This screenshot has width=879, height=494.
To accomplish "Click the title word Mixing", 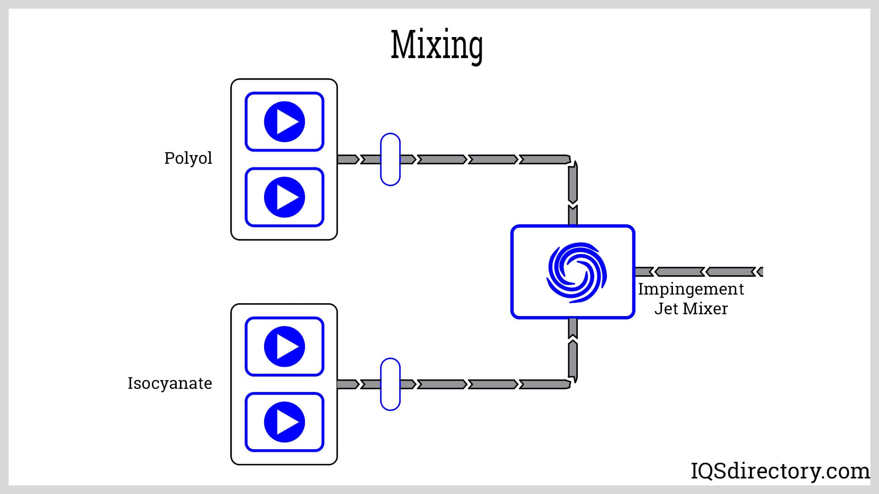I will (x=437, y=45).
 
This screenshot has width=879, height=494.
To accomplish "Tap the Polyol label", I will (x=188, y=158).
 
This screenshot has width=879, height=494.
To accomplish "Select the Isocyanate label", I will (x=170, y=383).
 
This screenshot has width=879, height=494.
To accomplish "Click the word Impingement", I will (x=691, y=290).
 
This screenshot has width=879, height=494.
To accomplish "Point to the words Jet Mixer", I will (x=691, y=309).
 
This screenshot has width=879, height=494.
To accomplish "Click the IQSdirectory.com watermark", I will (x=780, y=471).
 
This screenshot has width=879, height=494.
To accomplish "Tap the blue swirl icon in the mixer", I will (x=576, y=272).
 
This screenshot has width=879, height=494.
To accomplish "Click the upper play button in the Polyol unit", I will (x=284, y=122).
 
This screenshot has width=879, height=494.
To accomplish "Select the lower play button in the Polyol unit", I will (x=284, y=197).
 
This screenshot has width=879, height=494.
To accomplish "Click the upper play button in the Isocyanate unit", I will (x=284, y=346).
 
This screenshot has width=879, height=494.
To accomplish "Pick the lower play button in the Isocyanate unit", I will (x=284, y=422).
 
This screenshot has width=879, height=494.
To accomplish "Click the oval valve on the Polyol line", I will (x=390, y=159).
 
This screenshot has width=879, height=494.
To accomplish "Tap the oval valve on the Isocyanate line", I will (x=390, y=384).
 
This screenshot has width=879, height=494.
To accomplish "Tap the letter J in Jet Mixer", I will (x=659, y=309).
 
